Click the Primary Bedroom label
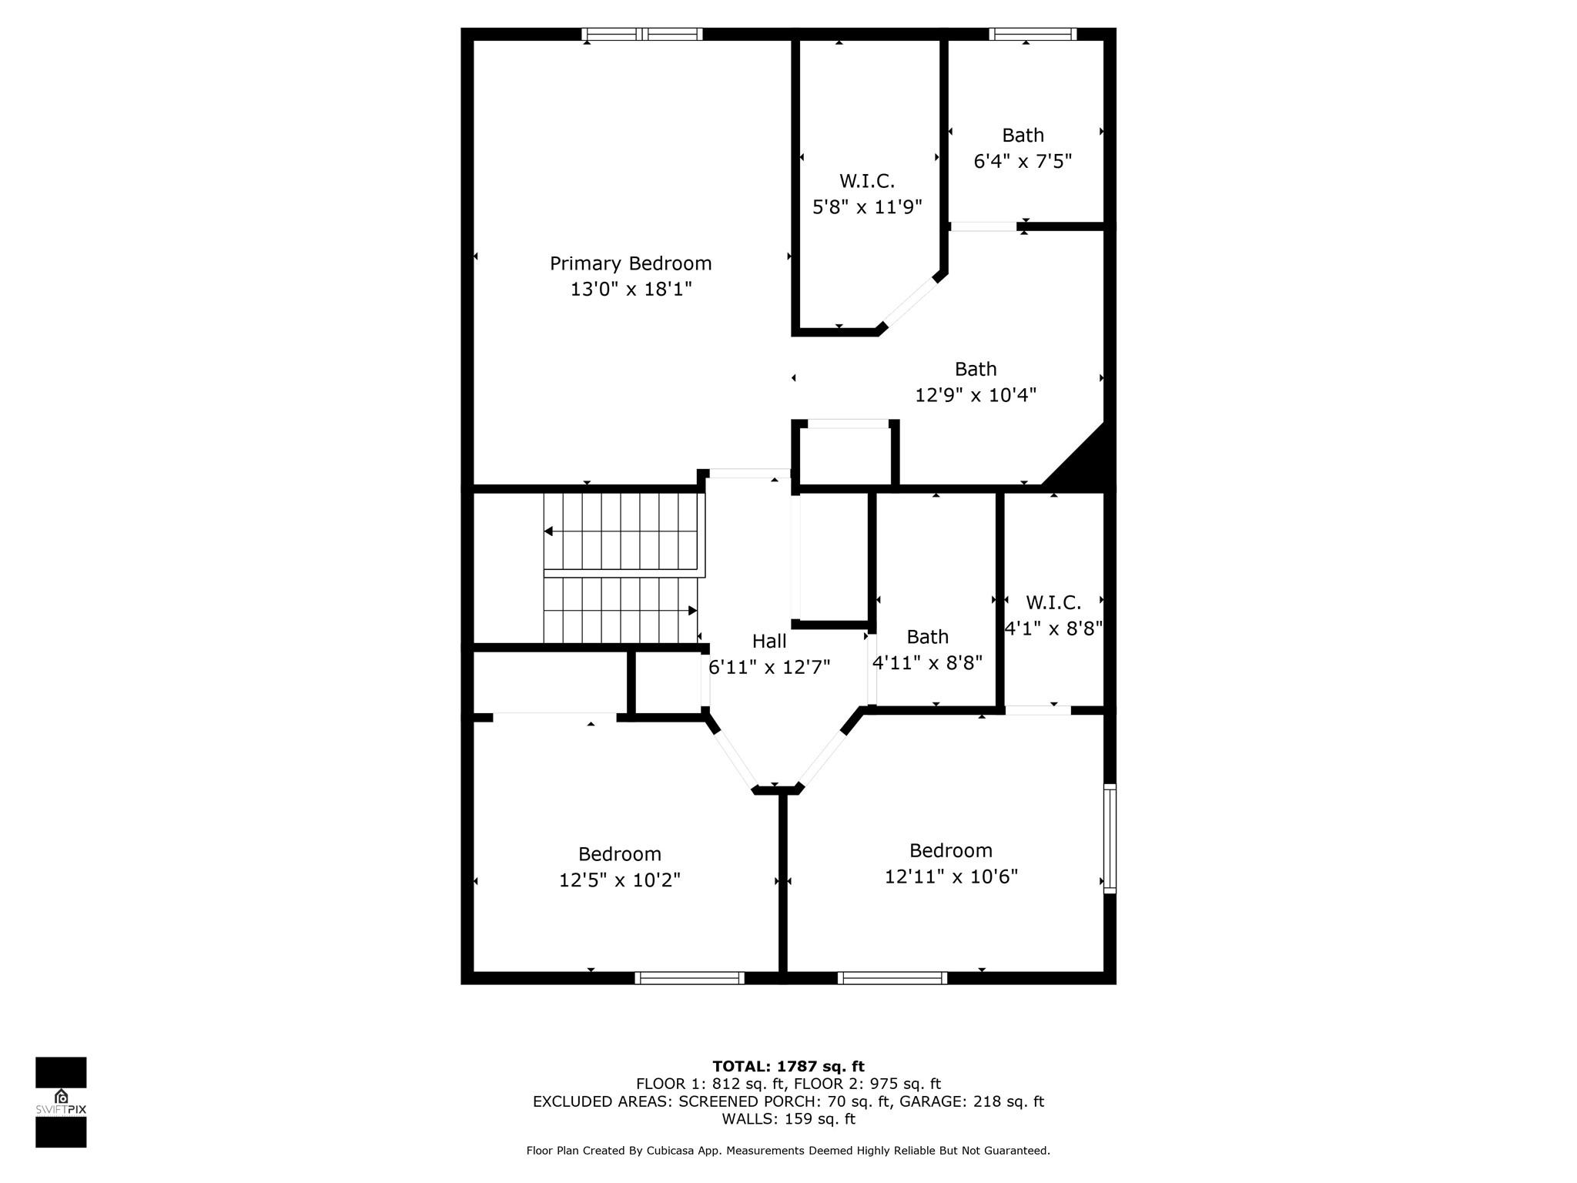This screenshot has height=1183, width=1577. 631,263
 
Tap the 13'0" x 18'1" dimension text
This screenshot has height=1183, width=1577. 631,289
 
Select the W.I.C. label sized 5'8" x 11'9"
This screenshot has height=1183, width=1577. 867,181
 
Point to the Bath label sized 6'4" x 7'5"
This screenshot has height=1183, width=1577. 1023,135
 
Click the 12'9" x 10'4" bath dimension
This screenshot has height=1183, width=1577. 976,395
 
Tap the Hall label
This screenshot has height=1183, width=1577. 769,641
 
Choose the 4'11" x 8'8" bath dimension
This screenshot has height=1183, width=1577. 927,662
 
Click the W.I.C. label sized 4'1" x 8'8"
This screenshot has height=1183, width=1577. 1053,602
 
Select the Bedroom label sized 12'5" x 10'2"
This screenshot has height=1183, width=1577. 620,854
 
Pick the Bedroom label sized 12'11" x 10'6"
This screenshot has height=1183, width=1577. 951,850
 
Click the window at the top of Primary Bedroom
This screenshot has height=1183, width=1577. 642,34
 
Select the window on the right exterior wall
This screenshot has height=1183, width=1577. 1110,838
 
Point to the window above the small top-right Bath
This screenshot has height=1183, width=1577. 1033,34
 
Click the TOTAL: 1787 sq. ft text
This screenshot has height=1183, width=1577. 788,1066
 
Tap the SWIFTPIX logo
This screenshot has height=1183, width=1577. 61,1102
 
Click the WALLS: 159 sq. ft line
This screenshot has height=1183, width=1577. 788,1119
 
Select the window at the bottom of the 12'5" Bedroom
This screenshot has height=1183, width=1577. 690,978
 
